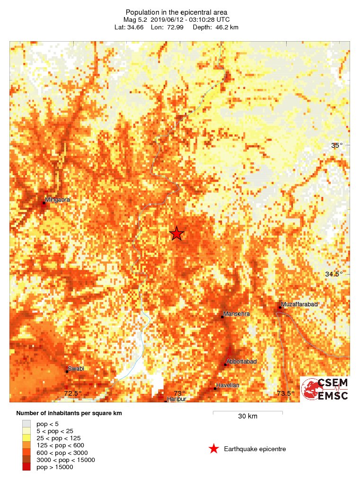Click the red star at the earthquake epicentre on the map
(176, 233)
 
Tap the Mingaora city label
(57, 200)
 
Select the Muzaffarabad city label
(299, 304)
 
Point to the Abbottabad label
(241, 362)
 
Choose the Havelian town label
(228, 385)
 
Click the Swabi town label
(76, 368)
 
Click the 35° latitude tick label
(336, 145)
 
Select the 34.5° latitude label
(334, 274)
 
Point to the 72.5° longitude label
(73, 393)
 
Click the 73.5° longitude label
(286, 393)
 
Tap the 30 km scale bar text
(247, 417)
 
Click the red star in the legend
(214, 449)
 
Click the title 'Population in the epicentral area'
(177, 12)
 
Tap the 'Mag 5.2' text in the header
(133, 19)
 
